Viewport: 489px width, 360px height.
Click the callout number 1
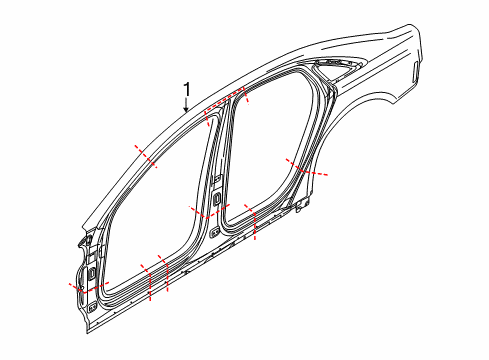point(187,90)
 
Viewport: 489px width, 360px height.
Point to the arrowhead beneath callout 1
point(186,108)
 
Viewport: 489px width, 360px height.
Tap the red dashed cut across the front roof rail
point(145,156)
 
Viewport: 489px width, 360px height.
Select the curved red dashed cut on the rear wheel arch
point(306,169)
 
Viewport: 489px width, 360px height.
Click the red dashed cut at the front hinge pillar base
point(89,287)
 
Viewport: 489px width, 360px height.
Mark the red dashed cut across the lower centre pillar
point(209,212)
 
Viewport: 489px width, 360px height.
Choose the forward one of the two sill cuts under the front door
point(148,282)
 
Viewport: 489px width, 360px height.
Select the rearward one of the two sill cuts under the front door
point(165,273)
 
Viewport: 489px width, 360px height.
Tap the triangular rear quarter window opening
point(337,67)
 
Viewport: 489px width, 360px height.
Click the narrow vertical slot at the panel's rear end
point(415,71)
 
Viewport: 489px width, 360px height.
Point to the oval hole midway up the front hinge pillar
point(91,273)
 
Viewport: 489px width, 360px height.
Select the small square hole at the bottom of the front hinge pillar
point(93,306)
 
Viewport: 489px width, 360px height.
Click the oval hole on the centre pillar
point(217,198)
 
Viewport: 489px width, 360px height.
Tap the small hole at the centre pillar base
point(215,232)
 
